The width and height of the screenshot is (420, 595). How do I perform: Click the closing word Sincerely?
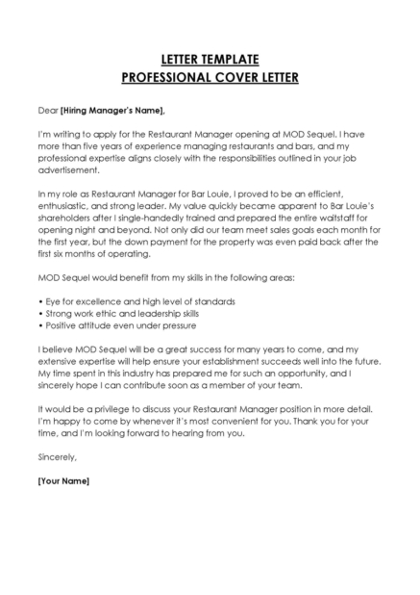(57, 456)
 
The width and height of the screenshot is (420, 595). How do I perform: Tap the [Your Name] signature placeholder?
(62, 479)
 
